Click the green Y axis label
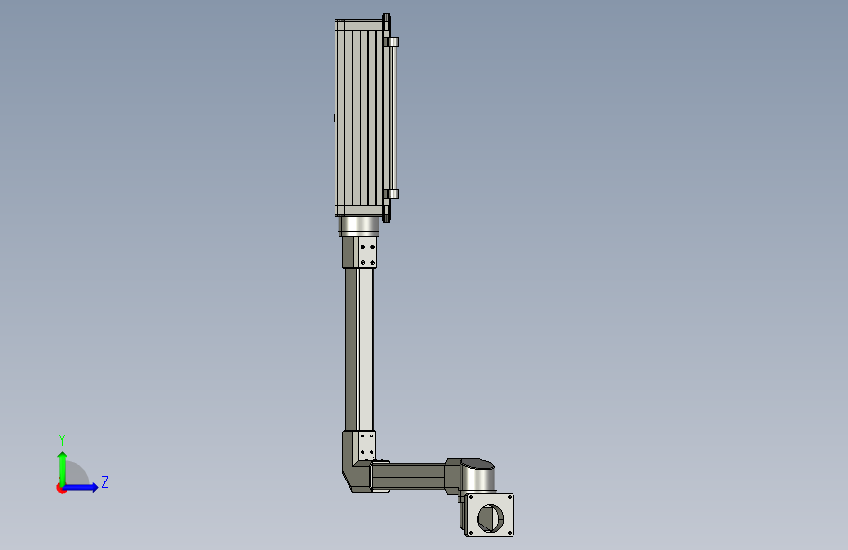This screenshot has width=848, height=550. click(x=62, y=440)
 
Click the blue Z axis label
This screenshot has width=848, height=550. click(x=105, y=481)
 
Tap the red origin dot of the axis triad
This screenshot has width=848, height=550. click(x=61, y=488)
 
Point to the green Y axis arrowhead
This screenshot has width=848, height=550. click(x=63, y=456)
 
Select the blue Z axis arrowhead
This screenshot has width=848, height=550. click(x=95, y=487)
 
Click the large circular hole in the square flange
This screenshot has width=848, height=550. click(x=490, y=518)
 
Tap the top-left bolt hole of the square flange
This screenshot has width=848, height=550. click(x=470, y=498)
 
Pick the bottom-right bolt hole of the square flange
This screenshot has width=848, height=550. click(x=509, y=532)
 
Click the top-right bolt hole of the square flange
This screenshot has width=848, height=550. click(x=509, y=497)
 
